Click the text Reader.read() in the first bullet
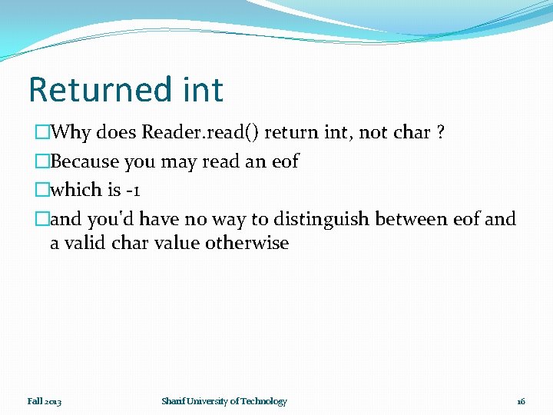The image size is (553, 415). point(200,132)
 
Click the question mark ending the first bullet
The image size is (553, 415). point(440,132)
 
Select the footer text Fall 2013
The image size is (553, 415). point(45,401)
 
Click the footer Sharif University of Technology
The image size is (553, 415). point(224,401)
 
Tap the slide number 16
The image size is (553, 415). point(521,401)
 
